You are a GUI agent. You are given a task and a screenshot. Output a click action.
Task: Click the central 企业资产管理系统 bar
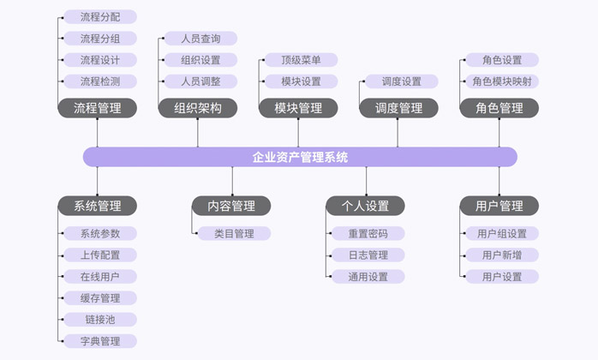coord(300,157)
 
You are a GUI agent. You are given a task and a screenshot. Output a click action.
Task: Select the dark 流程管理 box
coord(98,108)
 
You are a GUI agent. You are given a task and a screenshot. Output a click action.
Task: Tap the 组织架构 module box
coord(198,108)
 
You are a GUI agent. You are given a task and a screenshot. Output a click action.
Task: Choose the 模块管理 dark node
coord(298,108)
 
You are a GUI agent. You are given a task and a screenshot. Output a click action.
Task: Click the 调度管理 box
coord(398,108)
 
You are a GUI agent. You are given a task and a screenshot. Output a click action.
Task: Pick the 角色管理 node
coord(499,108)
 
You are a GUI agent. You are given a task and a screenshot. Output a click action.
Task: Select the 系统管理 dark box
coord(98,206)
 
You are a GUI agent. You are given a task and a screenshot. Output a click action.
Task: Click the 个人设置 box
coord(366,206)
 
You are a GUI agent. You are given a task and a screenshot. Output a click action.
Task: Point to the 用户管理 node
coord(499,206)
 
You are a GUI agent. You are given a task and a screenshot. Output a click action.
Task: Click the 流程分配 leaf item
coord(100,16)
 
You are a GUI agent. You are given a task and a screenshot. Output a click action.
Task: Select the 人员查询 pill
coord(200,39)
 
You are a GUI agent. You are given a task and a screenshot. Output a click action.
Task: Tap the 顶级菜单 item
coord(301,60)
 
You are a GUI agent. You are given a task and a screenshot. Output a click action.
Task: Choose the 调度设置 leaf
coord(401,81)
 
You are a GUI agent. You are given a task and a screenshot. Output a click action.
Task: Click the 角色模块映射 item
coord(501,81)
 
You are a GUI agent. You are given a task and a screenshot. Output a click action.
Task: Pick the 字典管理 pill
coord(100,341)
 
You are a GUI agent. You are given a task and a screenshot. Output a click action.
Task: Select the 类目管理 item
coord(234,233)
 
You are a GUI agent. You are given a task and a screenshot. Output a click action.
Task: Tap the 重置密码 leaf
coord(368,233)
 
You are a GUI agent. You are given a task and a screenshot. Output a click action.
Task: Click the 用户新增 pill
coord(502,255)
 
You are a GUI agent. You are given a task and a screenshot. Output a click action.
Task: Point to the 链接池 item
coord(100,320)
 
